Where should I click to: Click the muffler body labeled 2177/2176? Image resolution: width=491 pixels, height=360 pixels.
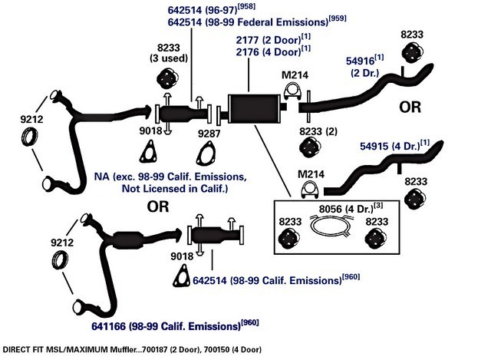tap(254, 108)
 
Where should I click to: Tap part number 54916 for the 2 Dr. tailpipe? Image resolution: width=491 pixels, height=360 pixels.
tap(360, 61)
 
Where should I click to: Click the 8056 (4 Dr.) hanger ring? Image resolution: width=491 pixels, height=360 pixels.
tap(330, 225)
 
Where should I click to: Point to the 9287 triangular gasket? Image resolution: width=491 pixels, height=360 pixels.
tap(206, 154)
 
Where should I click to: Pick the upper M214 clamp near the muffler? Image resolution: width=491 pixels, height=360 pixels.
tap(292, 92)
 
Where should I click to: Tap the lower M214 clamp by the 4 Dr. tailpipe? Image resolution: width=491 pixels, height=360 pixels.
tap(310, 190)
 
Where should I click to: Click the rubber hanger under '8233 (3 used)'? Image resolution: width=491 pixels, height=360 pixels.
tap(167, 78)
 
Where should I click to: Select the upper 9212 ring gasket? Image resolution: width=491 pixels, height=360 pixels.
tap(29, 137)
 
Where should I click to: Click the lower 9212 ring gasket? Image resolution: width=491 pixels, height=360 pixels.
tap(60, 260)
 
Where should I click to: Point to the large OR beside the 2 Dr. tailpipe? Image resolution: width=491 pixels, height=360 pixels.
tap(410, 107)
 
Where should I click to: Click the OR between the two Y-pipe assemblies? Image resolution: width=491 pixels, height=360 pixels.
tap(158, 206)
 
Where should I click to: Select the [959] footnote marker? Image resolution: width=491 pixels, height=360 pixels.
tap(338, 18)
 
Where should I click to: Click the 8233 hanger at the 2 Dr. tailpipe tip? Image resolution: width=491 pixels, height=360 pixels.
tap(411, 52)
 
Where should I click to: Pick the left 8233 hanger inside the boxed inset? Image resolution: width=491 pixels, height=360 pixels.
tap(289, 239)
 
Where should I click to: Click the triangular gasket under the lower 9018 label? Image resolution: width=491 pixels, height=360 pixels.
tap(182, 276)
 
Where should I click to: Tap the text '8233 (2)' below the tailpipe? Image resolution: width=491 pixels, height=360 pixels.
tap(318, 131)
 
